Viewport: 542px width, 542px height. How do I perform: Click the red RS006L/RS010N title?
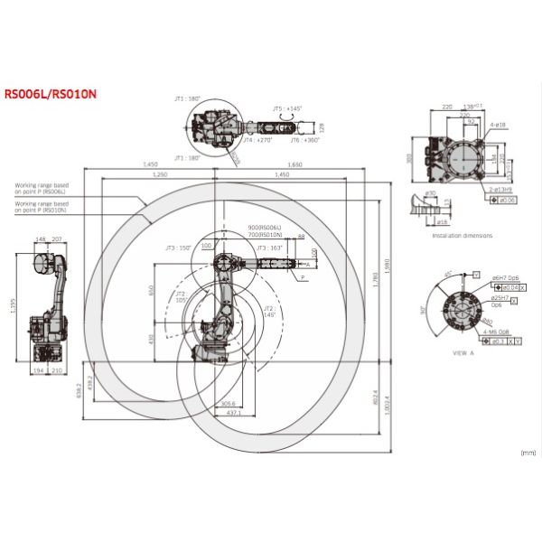(x=51, y=92)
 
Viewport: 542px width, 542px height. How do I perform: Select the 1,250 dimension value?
(x=161, y=174)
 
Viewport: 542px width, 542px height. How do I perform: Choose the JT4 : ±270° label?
(x=258, y=141)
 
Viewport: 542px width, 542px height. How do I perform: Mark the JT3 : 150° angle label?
(x=178, y=247)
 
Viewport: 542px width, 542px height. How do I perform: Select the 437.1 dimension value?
(x=234, y=412)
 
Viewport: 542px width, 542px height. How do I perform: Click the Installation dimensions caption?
(x=462, y=235)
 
